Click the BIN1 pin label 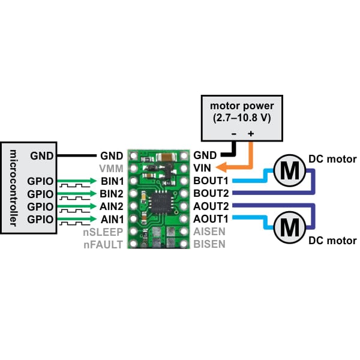112,180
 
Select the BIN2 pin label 112,193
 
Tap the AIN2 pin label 112,206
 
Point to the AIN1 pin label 112,219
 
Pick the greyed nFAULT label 104,244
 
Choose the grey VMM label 112,167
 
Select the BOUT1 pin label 211,180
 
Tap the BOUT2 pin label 211,193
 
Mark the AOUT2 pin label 211,206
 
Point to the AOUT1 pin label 211,219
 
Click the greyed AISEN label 209,232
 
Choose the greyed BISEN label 209,244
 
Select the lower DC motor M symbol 289,227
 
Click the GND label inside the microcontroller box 41,155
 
